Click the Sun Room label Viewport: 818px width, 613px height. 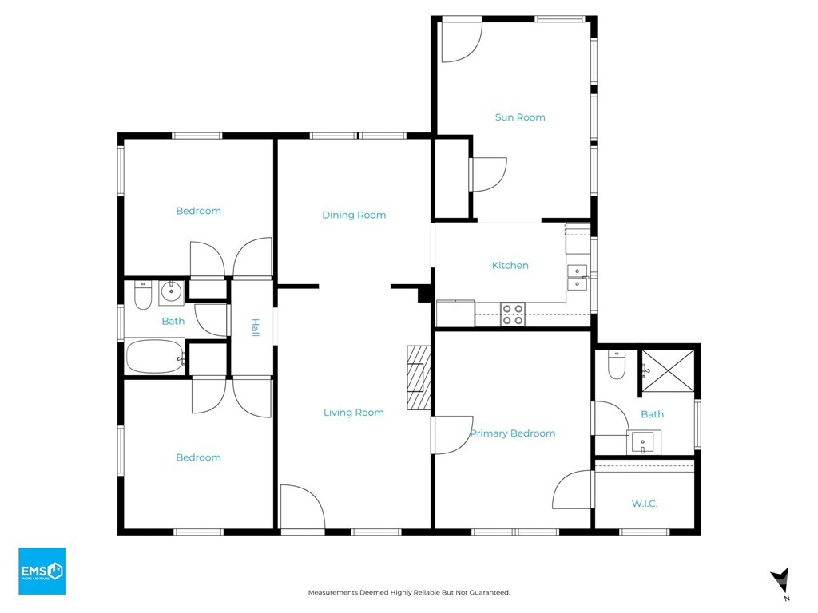point(519,117)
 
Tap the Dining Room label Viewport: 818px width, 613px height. point(354,215)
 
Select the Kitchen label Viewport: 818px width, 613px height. point(510,265)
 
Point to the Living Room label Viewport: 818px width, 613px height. point(353,413)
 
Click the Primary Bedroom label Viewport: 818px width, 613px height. point(512,433)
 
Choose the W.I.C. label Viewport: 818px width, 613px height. point(645,504)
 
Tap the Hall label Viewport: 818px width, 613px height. point(255,327)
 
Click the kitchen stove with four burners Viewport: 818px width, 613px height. point(513,314)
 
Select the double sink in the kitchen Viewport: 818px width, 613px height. point(578,277)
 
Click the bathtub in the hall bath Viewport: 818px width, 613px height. point(156,357)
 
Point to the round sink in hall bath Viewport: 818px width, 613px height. point(171,292)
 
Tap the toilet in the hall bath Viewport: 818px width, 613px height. point(142,295)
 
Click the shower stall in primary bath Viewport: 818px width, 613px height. point(668,370)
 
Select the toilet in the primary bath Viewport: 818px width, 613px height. point(617,364)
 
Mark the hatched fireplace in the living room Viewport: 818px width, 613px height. point(419,377)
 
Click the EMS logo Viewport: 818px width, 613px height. point(42,571)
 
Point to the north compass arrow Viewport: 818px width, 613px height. point(781,581)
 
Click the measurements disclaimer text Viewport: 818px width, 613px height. point(409,593)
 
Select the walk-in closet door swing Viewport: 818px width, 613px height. point(573,489)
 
